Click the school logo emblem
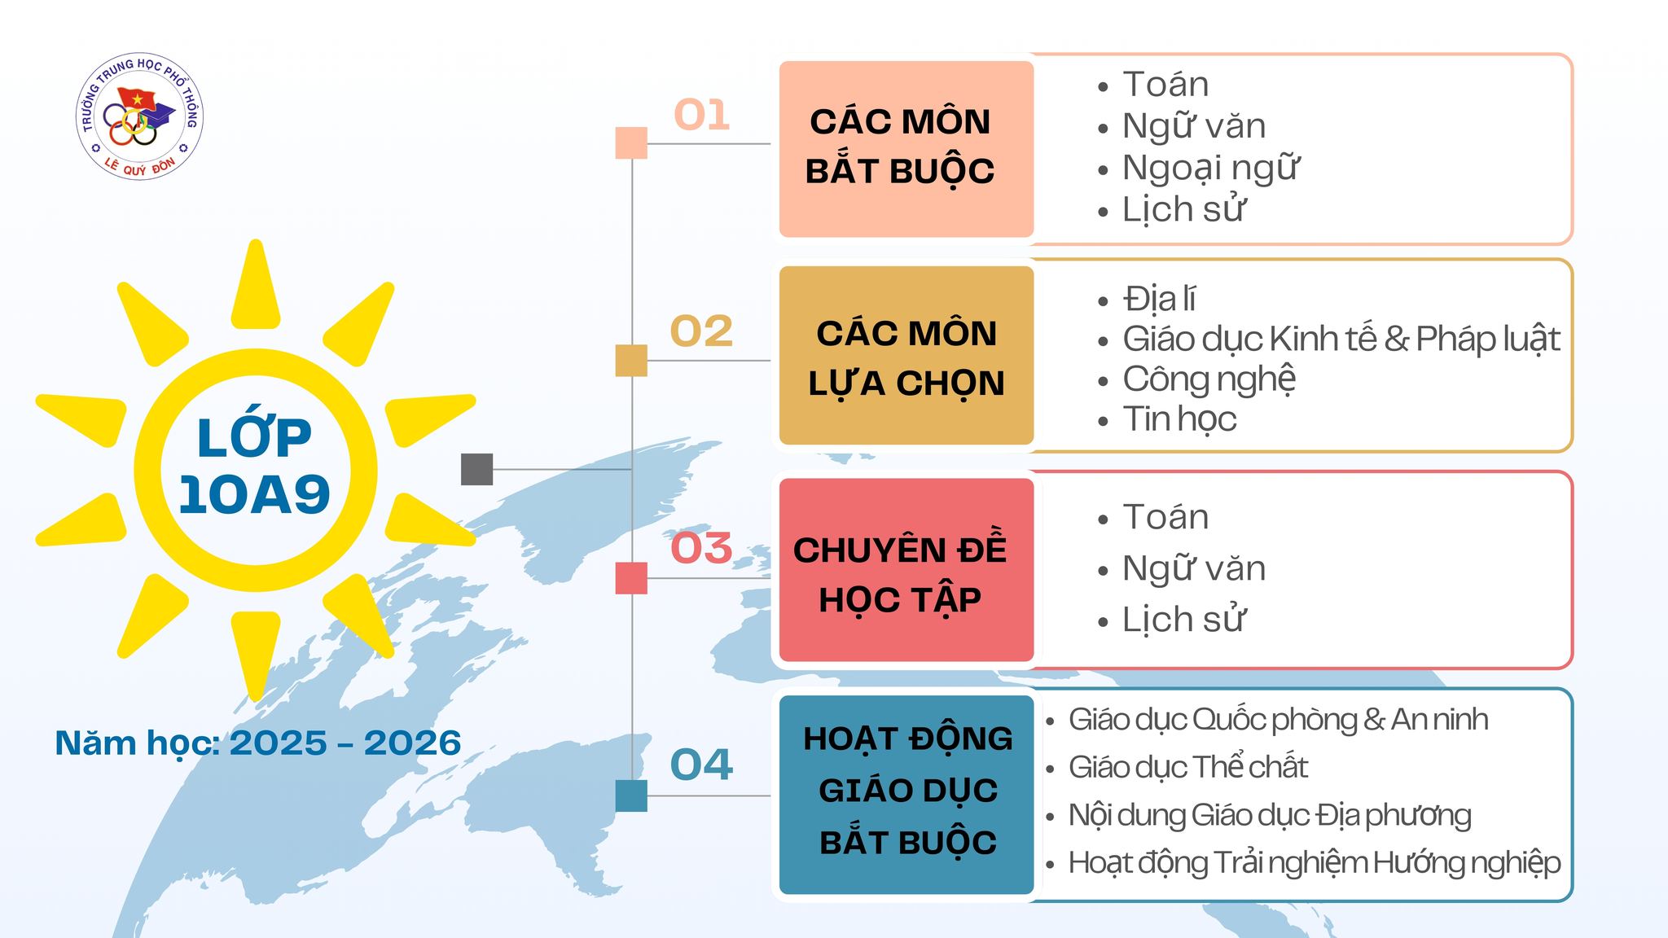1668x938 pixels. [x=139, y=117]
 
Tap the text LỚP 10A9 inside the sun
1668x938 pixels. [x=254, y=467]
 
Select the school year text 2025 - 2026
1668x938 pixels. [x=345, y=743]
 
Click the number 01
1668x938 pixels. [x=701, y=115]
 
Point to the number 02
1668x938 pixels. [x=701, y=331]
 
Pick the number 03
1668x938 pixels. [x=701, y=548]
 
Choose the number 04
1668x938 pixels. [x=701, y=765]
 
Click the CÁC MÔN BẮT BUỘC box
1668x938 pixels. [x=906, y=149]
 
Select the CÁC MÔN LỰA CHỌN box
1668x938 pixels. [x=906, y=355]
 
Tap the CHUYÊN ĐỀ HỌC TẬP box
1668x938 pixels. [x=906, y=570]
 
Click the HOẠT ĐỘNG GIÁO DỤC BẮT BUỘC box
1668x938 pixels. [x=906, y=795]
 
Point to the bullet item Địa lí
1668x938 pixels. [x=1159, y=299]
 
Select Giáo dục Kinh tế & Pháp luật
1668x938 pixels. [x=1341, y=340]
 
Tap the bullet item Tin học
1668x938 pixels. [x=1179, y=419]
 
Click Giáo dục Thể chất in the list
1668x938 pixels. [x=1187, y=767]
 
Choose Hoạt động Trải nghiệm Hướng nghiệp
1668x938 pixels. [x=1315, y=863]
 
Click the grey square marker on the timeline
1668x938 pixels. [x=477, y=469]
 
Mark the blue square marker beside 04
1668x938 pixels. [x=631, y=796]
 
